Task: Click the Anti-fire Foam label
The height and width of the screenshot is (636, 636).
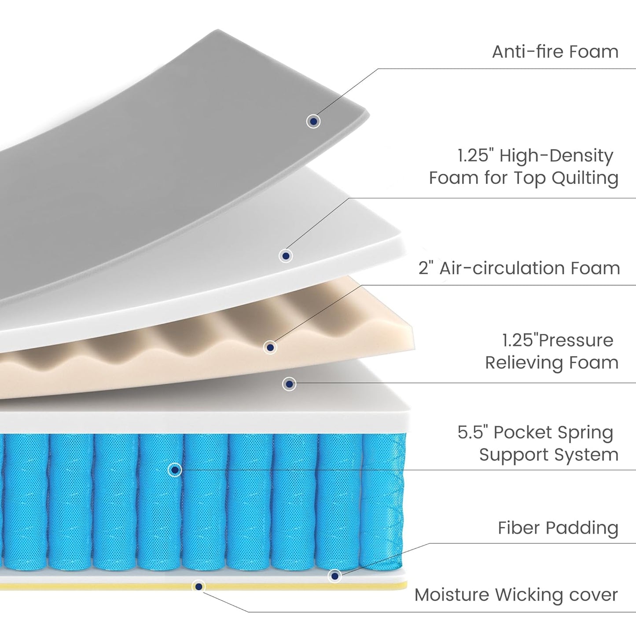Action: coord(555,52)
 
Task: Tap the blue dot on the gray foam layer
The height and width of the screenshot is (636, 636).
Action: coord(313,121)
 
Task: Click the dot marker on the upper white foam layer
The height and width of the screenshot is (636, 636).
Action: coord(286,255)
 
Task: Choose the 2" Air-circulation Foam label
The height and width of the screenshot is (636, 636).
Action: coord(519,268)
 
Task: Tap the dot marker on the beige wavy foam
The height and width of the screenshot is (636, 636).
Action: coord(270,347)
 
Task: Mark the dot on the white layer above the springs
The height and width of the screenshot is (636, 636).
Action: coord(289,384)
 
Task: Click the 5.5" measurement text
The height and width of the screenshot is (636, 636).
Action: coord(473,433)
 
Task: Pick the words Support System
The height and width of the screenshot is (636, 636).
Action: coord(548,455)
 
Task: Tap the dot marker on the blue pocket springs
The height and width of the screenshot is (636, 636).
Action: coord(175,470)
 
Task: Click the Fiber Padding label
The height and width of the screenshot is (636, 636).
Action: coord(558,528)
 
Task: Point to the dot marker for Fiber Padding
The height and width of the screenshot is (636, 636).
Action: coord(335,576)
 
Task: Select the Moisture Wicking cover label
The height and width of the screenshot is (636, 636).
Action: coord(516,595)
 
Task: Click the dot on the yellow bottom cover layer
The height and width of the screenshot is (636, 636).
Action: coord(199,586)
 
